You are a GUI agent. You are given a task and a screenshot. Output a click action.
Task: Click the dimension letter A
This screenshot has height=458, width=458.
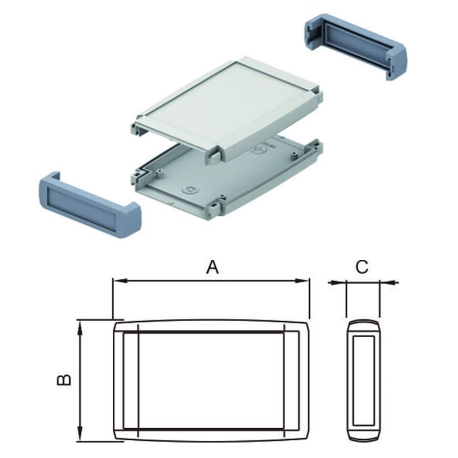point(212,267)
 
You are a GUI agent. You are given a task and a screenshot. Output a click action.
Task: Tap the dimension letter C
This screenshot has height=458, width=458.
point(362,267)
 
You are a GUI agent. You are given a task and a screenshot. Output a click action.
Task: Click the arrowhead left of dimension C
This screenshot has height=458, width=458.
point(342,282)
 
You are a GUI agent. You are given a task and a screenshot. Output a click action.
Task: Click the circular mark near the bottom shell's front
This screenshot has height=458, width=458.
point(188,190)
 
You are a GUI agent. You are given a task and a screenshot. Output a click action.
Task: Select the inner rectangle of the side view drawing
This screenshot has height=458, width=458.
point(364,380)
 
